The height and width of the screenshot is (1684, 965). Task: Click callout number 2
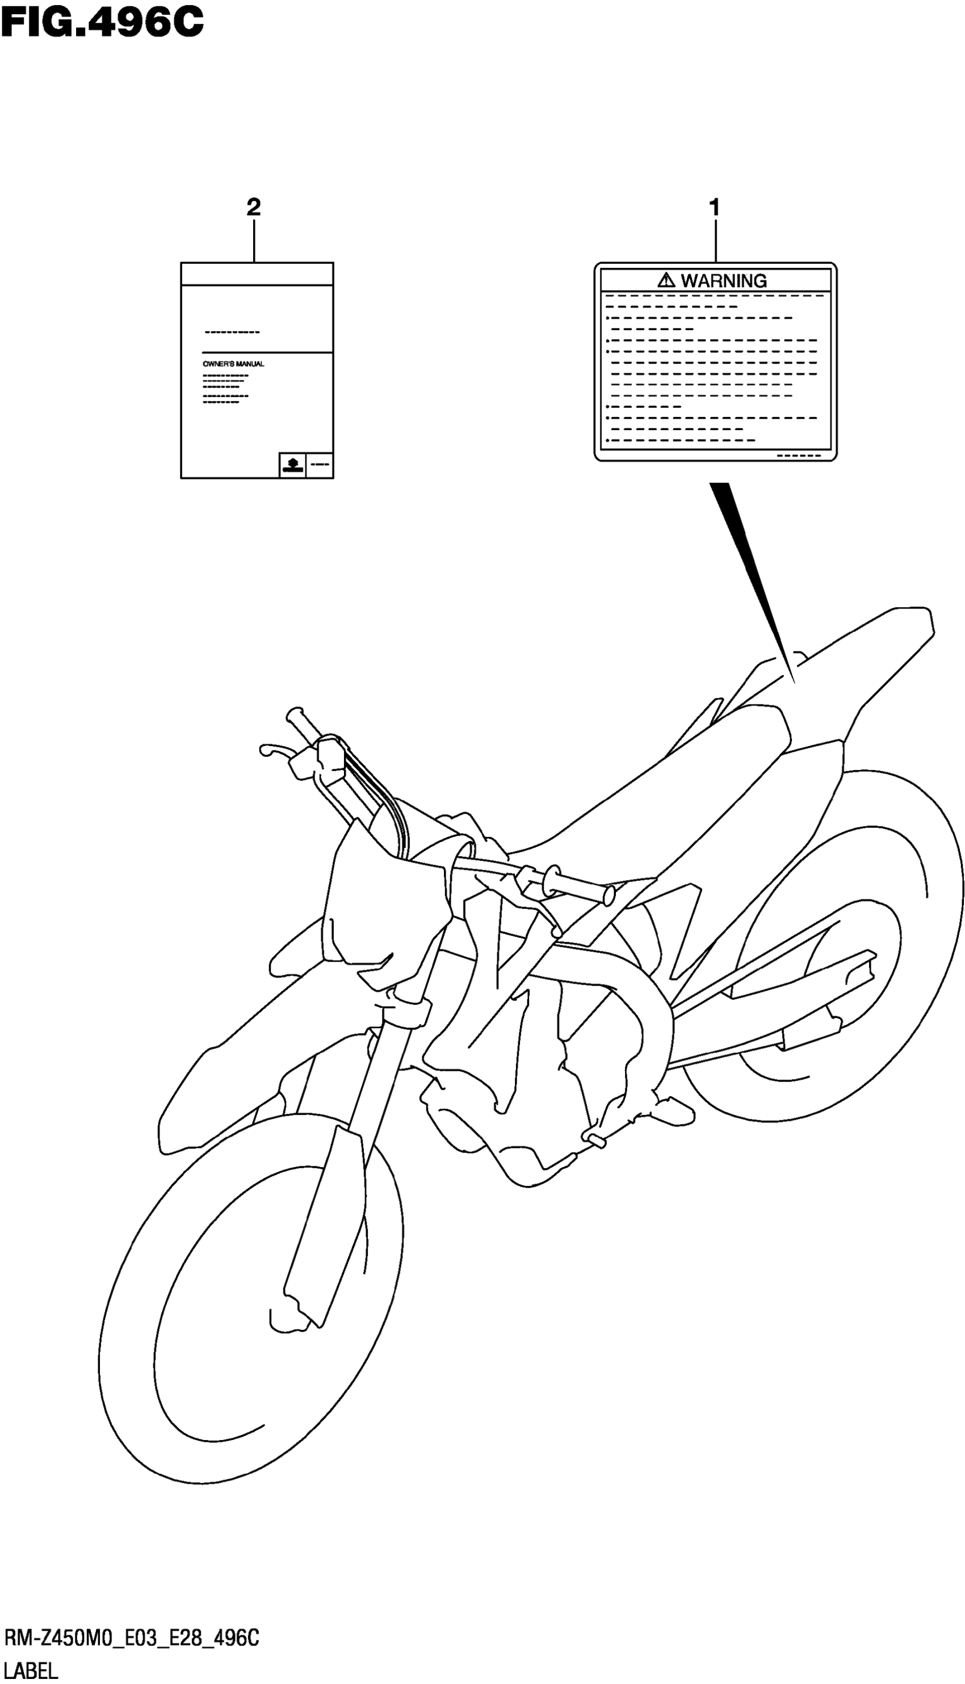coord(253,207)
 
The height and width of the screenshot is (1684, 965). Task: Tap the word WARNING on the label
coord(724,281)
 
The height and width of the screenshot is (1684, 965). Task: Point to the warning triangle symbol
coord(666,280)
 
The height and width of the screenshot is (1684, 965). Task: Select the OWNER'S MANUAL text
coord(233,364)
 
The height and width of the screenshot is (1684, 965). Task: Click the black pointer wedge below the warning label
coord(749,563)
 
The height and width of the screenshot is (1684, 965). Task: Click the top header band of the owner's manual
coord(257,273)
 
